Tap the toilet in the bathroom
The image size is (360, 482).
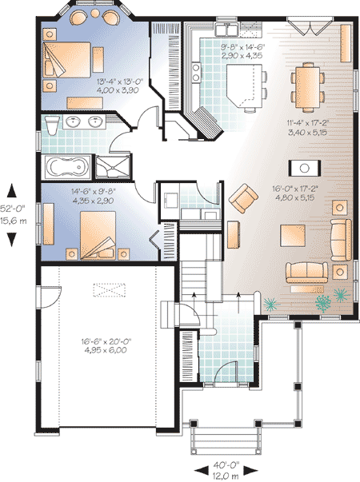coord(51,125)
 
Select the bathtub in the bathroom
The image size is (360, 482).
coord(68,167)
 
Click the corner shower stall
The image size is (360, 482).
coord(113,167)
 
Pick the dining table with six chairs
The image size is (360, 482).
coord(308,87)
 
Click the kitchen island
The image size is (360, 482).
coord(245,86)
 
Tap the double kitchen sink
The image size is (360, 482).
coord(226,30)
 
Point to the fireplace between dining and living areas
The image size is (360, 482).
coord(305,168)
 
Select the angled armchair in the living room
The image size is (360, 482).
coord(243,198)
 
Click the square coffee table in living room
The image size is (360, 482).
coord(293,236)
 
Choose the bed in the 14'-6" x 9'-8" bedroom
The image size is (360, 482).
coord(98,236)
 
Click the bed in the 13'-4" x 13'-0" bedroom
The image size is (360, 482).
coord(67,59)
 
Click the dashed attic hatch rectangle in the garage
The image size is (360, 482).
coord(110,290)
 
